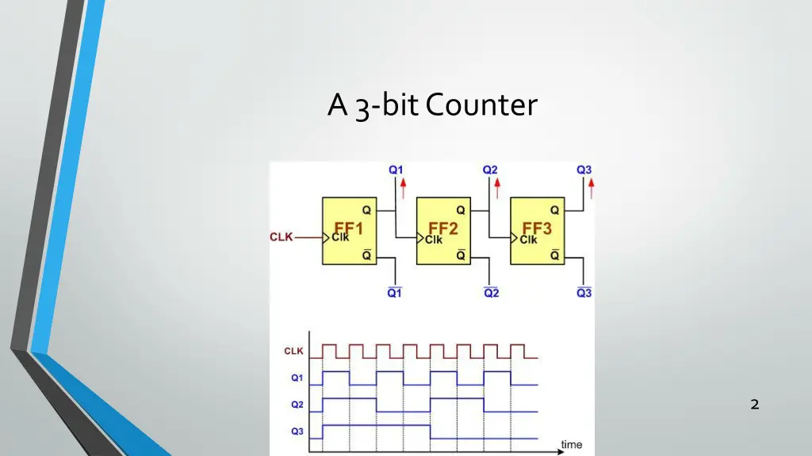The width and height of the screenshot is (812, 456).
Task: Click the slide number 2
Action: click(754, 405)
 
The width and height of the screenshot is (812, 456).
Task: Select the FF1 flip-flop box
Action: click(350, 231)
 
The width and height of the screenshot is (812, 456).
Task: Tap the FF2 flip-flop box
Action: click(443, 231)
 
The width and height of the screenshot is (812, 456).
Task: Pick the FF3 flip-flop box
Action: click(537, 231)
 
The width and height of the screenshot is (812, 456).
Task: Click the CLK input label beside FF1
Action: click(282, 237)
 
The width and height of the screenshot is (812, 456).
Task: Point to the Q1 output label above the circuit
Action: click(395, 169)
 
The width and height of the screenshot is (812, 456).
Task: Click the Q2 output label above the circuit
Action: click(490, 169)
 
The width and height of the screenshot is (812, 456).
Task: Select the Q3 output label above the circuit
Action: click(584, 169)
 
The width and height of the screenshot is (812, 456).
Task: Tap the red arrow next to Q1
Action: click(403, 188)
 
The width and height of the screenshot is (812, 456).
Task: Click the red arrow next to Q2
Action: click(497, 188)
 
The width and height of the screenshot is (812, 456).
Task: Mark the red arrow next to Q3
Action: click(592, 188)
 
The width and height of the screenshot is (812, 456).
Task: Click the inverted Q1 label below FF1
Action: click(394, 293)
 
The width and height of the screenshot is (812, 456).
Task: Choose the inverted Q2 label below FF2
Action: click(492, 293)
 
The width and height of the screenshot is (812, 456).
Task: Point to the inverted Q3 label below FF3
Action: click(584, 293)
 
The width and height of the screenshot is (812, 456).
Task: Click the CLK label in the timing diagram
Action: click(293, 351)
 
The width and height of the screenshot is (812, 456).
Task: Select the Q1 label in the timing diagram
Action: click(297, 378)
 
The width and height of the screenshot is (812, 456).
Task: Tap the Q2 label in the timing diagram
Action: click(297, 405)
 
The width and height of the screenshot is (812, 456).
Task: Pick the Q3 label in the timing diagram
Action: click(297, 431)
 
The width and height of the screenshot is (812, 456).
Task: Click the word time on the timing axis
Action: click(571, 445)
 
